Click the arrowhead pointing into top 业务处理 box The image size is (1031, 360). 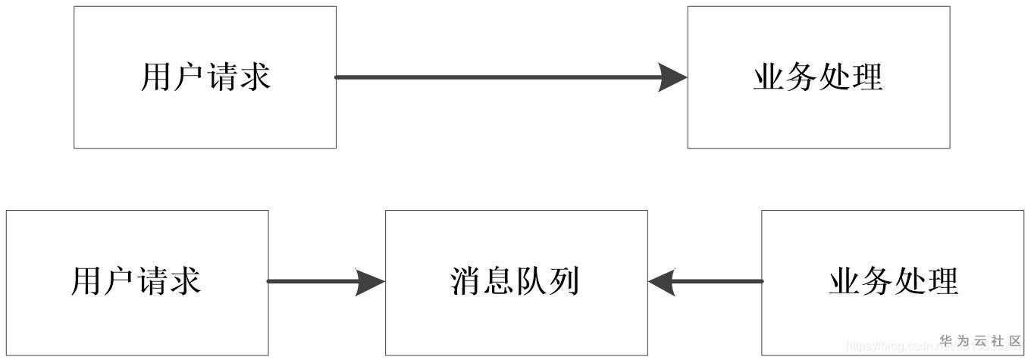coord(673,77)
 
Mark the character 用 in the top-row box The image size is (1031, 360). coord(156,77)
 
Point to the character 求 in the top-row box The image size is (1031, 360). coord(255,77)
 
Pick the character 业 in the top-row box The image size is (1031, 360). coord(769,77)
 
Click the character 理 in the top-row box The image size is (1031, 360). coord(867,77)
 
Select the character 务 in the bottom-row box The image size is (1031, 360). coord(877,282)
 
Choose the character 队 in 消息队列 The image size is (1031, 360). coord(532,282)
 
